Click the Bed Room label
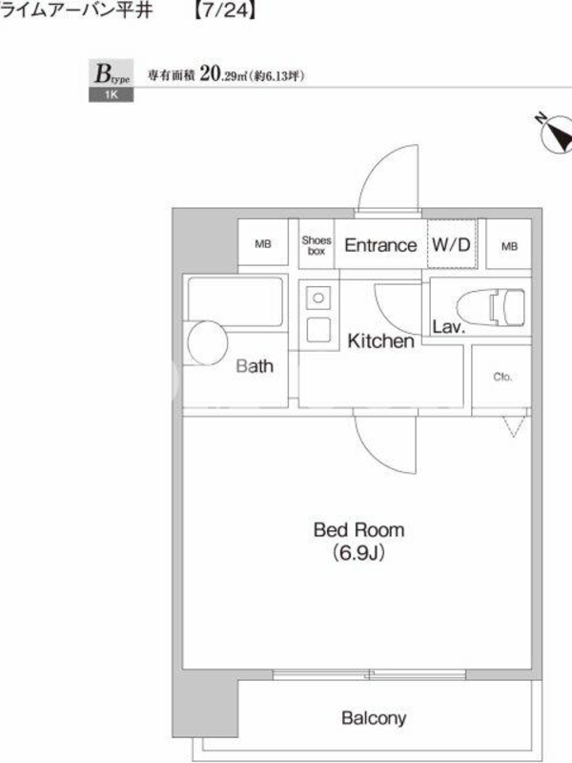click(359, 530)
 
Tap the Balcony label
click(374, 718)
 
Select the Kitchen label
click(380, 341)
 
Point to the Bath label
click(255, 366)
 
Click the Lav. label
click(449, 326)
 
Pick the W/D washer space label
click(451, 244)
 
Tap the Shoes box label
click(317, 246)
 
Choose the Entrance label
click(380, 245)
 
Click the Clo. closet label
click(502, 377)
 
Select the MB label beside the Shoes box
click(263, 244)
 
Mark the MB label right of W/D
click(509, 246)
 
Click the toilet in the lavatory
click(491, 307)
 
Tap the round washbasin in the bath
click(208, 342)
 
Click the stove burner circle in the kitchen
click(318, 298)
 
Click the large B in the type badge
click(103, 74)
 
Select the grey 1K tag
click(111, 94)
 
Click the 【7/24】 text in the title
click(225, 10)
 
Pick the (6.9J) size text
click(359, 553)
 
